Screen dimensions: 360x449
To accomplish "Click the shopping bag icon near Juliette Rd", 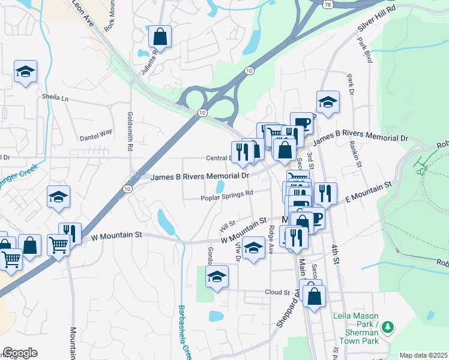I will coord(161,37).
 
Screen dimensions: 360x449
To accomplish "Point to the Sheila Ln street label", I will coord(56,97).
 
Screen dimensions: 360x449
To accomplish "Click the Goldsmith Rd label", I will coord(130,130).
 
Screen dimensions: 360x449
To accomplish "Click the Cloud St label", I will coord(277,292).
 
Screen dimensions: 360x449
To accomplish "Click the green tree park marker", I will coord(388,327).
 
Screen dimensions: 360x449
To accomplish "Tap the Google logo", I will coord(20,353).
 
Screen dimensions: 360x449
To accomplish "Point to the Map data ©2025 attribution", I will coord(423,355).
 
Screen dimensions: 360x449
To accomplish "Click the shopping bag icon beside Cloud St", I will coord(314,296).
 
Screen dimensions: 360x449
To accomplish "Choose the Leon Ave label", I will coord(83,13).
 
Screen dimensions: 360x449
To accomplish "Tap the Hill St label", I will coord(226,227).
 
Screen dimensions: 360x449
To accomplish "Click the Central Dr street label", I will coord(218,158).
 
